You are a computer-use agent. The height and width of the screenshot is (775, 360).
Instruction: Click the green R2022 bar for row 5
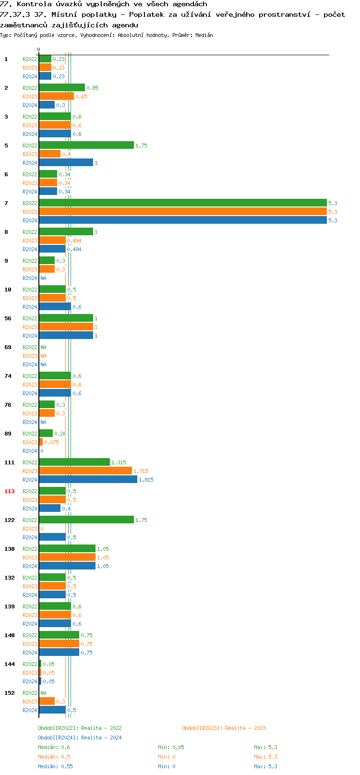(x=86, y=145)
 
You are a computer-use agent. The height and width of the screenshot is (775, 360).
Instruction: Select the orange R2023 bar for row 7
(x=182, y=212)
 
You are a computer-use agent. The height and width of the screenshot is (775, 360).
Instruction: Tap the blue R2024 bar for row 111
(x=88, y=480)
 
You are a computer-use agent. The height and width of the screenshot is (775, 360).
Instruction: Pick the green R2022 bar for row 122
(x=86, y=520)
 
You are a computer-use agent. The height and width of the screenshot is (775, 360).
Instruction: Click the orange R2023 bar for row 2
(x=56, y=97)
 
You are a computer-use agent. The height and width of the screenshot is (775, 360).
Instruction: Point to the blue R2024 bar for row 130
(x=67, y=566)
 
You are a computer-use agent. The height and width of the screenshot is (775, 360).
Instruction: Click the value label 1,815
(x=146, y=480)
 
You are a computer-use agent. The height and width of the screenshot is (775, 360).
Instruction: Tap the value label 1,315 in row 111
(x=119, y=462)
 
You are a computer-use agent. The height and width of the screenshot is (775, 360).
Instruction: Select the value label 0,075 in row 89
(x=51, y=442)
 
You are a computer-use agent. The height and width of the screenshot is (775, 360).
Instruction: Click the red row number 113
(x=10, y=491)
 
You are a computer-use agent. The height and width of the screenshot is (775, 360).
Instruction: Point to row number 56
(x=8, y=318)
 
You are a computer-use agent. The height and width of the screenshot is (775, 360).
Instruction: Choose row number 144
(x=10, y=664)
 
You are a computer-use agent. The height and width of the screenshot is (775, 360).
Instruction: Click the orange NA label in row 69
(x=43, y=356)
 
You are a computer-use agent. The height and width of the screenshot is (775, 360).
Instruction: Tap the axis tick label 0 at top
(x=39, y=49)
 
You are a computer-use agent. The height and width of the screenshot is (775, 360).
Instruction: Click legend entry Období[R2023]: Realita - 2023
(x=224, y=728)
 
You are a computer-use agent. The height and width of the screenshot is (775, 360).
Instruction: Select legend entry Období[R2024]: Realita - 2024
(x=80, y=738)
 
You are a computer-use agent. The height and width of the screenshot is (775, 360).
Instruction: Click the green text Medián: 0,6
(x=54, y=747)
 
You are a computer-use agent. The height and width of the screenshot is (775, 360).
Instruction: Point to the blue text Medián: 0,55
(x=55, y=766)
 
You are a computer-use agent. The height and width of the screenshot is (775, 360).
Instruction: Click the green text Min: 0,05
(x=171, y=747)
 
